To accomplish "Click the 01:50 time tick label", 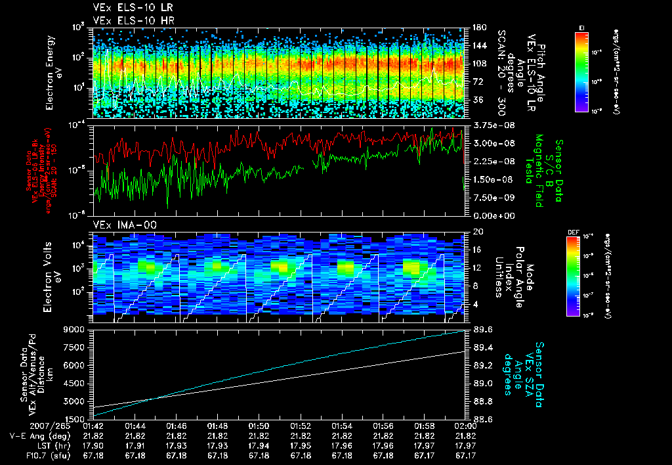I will (x=259, y=426).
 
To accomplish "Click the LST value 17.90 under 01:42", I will (x=94, y=445).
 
